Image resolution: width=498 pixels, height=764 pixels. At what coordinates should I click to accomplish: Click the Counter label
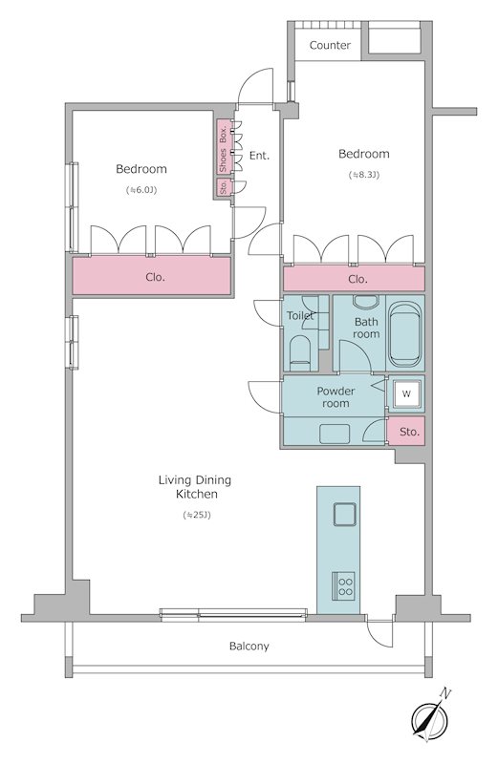click(x=330, y=45)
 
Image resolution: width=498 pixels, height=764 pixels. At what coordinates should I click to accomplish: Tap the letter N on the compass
click(x=445, y=693)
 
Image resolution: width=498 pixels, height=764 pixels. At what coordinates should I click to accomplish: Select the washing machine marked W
click(x=406, y=393)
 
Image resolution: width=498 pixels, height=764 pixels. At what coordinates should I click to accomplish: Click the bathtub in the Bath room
click(x=405, y=334)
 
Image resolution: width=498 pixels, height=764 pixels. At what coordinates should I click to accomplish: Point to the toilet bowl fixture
click(x=300, y=352)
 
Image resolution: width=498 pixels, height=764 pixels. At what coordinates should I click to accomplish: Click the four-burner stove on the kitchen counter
click(x=344, y=586)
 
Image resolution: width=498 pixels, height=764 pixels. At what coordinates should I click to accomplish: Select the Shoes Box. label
click(x=223, y=147)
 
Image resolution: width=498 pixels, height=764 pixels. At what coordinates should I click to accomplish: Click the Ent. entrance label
click(x=259, y=156)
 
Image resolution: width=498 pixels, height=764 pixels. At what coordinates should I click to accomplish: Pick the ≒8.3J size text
click(x=364, y=175)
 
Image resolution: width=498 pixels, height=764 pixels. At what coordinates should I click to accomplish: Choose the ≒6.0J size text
click(x=141, y=189)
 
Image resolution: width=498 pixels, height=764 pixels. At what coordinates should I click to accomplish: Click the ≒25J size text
click(x=197, y=515)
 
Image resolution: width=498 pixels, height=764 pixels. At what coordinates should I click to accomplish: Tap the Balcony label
click(x=249, y=647)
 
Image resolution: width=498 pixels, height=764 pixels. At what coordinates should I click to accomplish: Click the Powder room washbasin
click(x=335, y=434)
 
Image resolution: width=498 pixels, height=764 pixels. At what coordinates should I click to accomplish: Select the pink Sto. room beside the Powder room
click(x=406, y=432)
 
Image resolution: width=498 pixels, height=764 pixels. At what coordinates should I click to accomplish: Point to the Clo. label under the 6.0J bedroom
click(x=155, y=277)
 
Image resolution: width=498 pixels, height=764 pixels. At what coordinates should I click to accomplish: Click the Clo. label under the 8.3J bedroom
click(x=357, y=279)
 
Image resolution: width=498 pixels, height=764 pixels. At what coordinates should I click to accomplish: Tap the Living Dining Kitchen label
click(x=195, y=487)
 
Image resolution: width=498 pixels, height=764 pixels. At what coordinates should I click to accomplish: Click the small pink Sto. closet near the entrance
click(x=224, y=187)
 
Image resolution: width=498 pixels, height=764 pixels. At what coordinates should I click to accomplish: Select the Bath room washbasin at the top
click(x=366, y=301)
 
